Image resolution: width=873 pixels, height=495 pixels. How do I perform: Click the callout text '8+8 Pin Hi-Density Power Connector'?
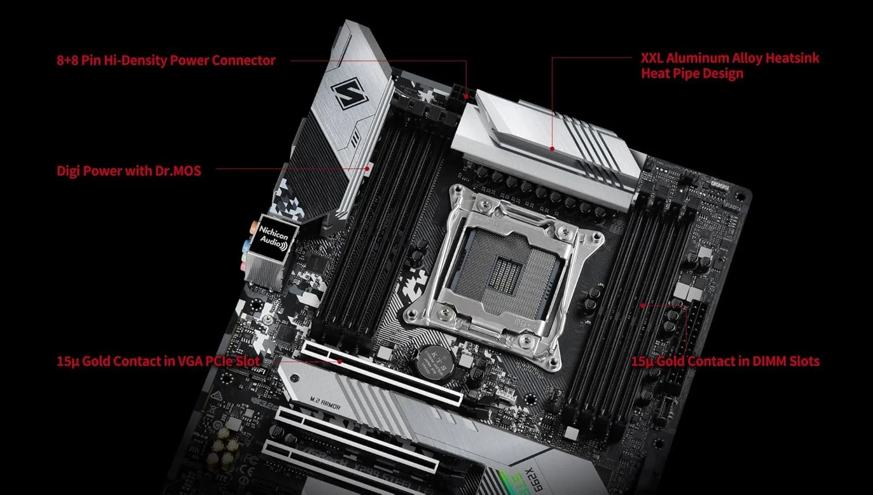166,60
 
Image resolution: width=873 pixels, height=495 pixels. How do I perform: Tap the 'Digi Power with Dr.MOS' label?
129,171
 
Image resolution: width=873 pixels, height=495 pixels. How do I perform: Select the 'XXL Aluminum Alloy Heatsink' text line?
730,58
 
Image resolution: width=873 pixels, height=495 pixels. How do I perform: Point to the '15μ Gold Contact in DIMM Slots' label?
725,361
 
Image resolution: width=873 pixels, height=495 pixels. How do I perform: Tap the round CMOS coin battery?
432,362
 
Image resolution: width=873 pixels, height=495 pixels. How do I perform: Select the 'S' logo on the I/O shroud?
349,93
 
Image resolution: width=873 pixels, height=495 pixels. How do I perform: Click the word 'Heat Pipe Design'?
692,73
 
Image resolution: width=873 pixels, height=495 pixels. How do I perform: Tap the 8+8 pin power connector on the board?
463,92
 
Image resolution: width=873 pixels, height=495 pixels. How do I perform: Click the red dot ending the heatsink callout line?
552,148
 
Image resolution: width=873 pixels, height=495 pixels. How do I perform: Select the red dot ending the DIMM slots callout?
643,305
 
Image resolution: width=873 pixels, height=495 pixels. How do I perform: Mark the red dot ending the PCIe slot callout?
340,361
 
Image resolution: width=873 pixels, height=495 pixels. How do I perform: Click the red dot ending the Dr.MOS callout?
368,169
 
